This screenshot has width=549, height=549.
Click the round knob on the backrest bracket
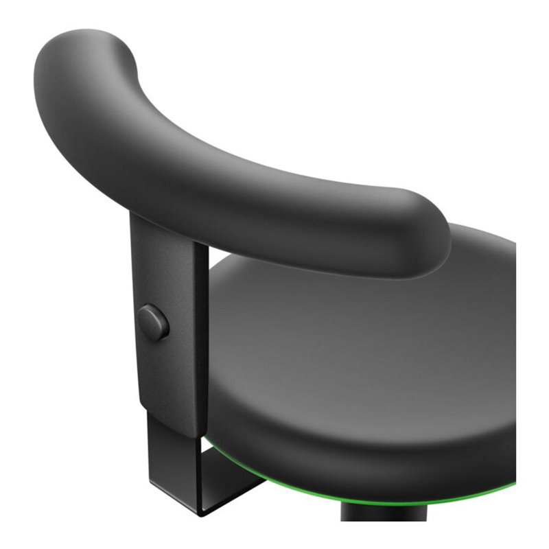[154, 323]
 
